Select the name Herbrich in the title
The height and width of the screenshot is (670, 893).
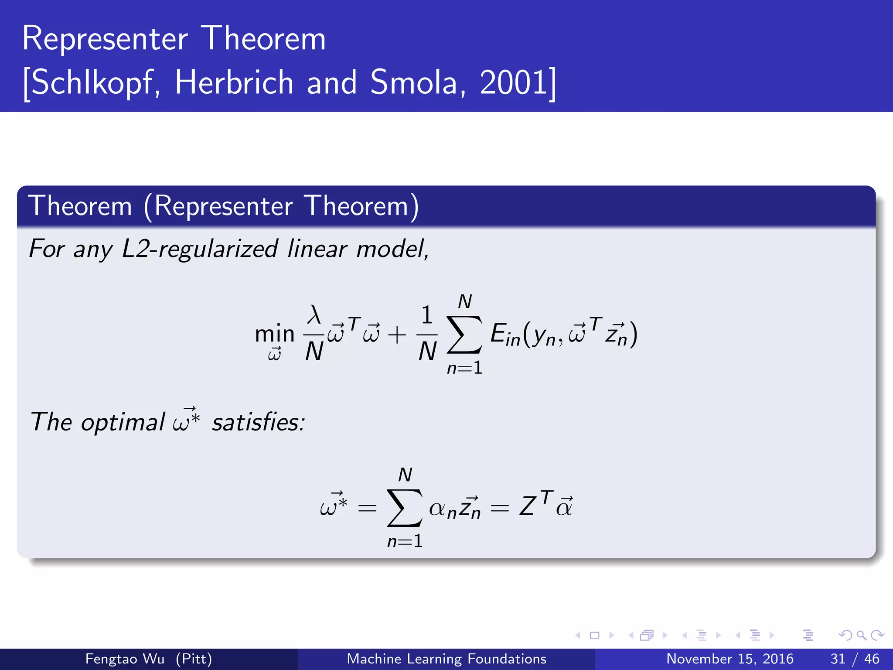pos(234,82)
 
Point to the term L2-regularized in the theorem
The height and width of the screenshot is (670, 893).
pos(199,249)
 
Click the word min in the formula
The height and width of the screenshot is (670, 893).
pos(275,334)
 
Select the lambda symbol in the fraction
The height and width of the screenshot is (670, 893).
pos(314,314)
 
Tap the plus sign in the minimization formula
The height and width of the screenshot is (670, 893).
pos(397,335)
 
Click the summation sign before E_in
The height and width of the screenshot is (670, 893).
pos(465,335)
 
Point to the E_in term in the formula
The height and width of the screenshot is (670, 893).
pos(505,335)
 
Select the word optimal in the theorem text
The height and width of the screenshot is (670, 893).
pos(123,423)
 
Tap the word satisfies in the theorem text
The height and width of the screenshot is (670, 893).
pos(258,423)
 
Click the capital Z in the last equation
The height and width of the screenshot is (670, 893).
pos(527,507)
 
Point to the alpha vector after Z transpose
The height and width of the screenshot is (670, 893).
pos(564,507)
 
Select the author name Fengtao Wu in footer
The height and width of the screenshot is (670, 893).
pos(125,659)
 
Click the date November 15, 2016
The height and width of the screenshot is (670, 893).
pos(729,659)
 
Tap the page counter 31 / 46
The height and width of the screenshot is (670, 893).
pos(855,659)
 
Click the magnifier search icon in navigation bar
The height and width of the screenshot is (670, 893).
pos(861,635)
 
